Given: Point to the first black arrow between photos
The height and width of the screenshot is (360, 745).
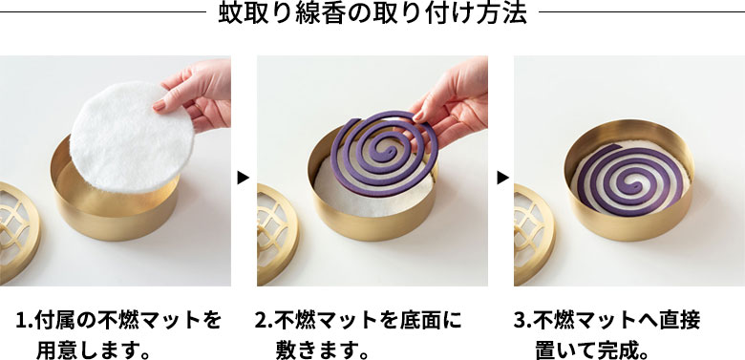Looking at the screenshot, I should click(243, 177).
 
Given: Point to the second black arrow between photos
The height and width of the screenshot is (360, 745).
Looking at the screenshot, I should click(500, 177).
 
